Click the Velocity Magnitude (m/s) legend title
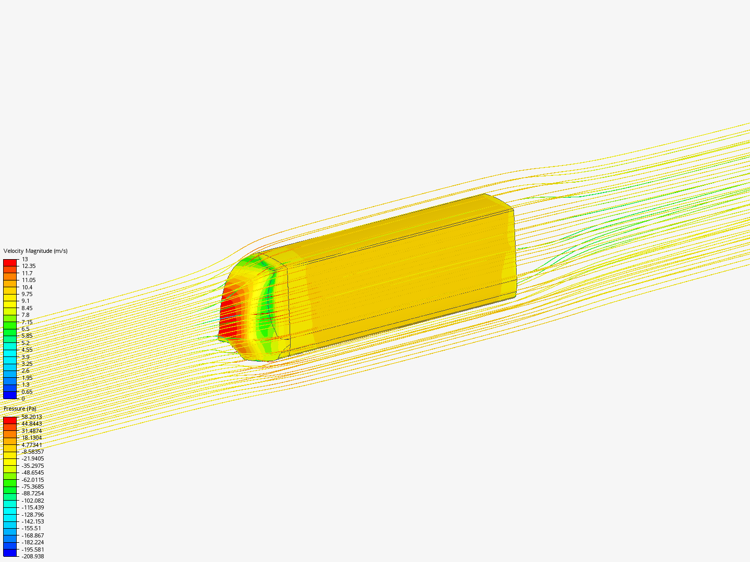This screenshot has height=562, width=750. [35, 251]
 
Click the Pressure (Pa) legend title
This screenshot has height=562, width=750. [20, 409]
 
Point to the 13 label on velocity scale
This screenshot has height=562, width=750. [24, 259]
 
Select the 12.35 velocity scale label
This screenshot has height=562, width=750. [29, 266]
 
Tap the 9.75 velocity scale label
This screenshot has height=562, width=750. [27, 294]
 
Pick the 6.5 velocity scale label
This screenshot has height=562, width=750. [26, 329]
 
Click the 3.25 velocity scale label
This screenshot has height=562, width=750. [27, 364]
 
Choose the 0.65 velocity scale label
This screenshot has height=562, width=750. [27, 392]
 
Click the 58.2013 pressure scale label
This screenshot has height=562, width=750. [32, 417]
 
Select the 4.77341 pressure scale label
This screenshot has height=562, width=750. [32, 445]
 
